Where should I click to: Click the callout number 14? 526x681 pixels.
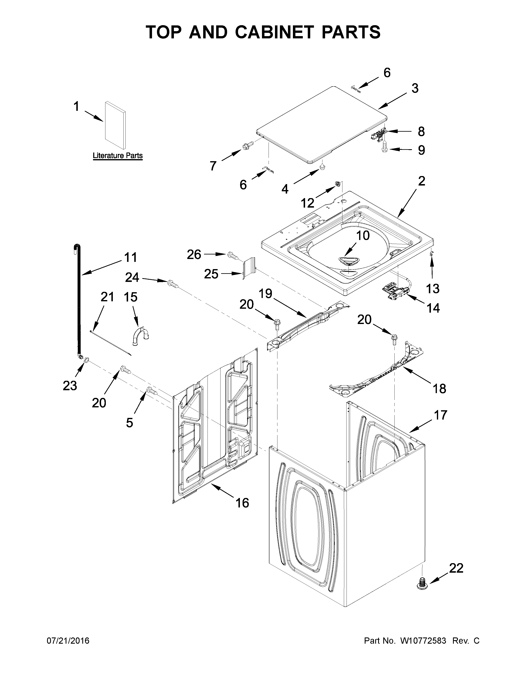coord(433,308)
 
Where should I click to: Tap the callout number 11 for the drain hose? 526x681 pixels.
coord(131,258)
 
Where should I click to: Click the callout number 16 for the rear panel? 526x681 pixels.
coord(242,503)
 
